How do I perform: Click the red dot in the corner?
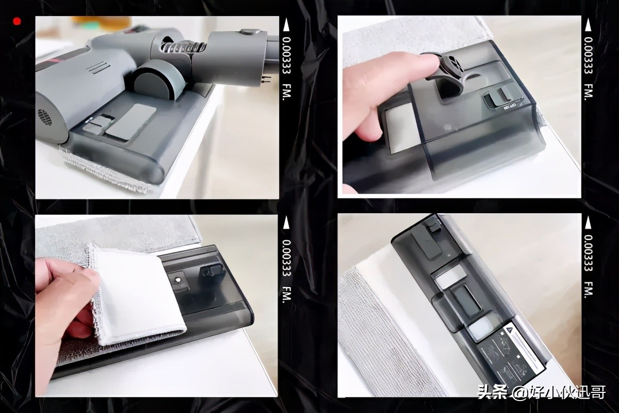(x=17, y=21)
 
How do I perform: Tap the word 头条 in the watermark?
(x=490, y=393)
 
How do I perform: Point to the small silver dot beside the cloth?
(x=178, y=279)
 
